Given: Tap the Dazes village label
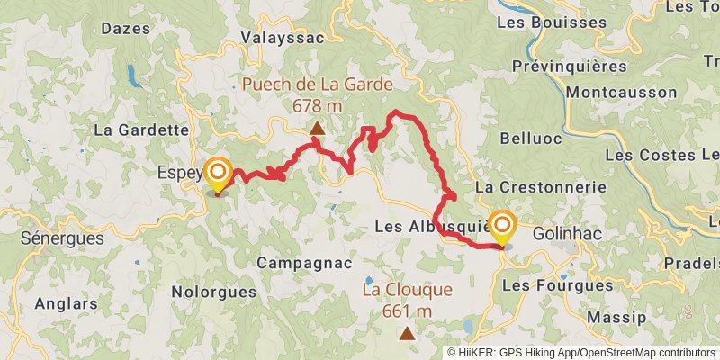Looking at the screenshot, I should tap(123, 29).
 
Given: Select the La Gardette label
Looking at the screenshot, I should tap(140, 130).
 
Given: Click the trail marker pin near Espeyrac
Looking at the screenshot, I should tap(218, 174).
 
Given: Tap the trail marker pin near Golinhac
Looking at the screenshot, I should tap(501, 227).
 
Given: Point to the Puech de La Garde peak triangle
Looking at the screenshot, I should tap(317, 129).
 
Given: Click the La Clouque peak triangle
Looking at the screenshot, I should tap(408, 334).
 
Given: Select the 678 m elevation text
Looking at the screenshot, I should tap(318, 105).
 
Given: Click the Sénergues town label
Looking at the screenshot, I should tap(62, 239).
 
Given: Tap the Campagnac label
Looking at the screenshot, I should tap(296, 264).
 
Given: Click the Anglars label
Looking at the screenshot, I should tap(66, 303).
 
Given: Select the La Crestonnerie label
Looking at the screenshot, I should tap(540, 187).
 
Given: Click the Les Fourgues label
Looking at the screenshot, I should tap(557, 284).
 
